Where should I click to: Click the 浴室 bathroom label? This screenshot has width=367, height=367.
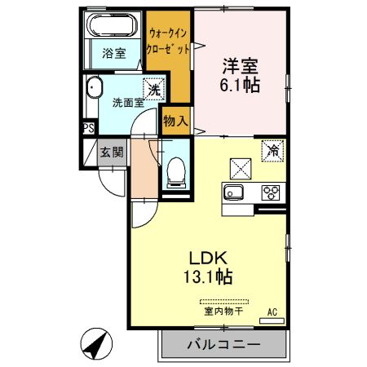113,55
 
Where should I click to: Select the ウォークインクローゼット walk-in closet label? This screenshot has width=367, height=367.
170,41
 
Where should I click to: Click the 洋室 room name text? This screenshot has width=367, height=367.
241,64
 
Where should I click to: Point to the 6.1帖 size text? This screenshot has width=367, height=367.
241,84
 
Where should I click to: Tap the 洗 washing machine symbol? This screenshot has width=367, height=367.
153,88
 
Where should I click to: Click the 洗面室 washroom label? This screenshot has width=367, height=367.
128,104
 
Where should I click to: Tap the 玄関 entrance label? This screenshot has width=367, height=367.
112,151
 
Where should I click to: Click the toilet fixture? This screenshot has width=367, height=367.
175,172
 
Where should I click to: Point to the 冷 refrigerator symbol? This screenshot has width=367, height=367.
272,151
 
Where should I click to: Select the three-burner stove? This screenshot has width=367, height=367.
271,193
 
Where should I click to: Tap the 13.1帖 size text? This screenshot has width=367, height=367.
206,276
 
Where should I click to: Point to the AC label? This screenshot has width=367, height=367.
273,311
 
